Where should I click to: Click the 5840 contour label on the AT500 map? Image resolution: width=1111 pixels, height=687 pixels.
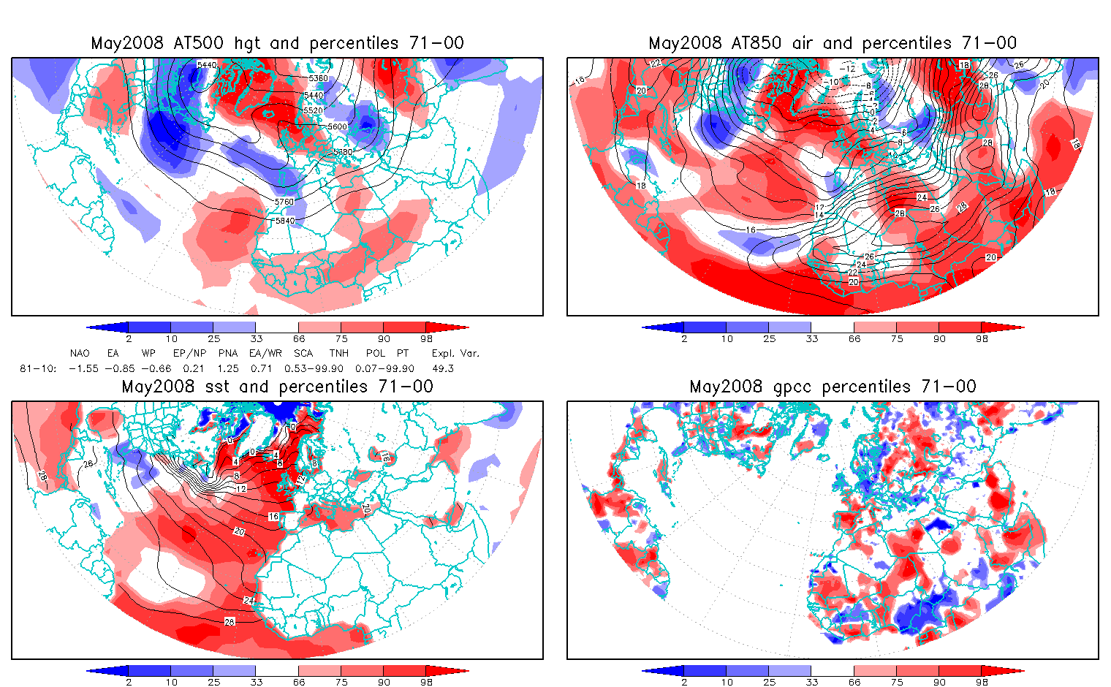point(284,220)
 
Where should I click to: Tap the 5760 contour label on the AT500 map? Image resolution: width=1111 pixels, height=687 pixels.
point(284,202)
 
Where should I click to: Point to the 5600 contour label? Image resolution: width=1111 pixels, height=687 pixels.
point(337,126)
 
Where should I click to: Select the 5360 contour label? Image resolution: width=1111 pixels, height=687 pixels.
point(318,78)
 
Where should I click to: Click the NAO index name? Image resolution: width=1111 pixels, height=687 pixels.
point(80,353)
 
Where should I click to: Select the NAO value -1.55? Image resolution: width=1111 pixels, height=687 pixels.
point(83,368)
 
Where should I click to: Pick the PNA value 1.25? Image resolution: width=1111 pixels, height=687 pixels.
point(228,368)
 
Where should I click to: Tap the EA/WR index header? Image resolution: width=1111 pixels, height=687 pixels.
point(265,353)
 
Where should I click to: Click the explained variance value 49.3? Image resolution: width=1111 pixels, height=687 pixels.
point(443,368)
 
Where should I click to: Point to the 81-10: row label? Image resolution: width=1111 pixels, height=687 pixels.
point(38,368)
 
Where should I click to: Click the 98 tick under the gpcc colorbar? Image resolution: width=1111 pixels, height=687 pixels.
point(982,682)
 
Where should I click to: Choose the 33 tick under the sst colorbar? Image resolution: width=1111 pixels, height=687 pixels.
point(256,682)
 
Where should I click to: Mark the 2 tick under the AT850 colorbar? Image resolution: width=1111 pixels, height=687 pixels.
point(684,338)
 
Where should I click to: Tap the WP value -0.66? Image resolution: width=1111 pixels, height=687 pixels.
point(156,368)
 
